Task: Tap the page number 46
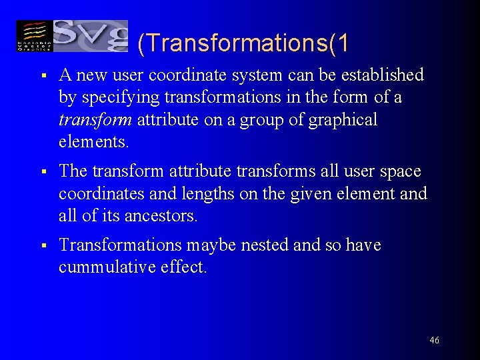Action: point(434,341)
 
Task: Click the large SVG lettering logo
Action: point(90,35)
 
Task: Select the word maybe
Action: point(211,246)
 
